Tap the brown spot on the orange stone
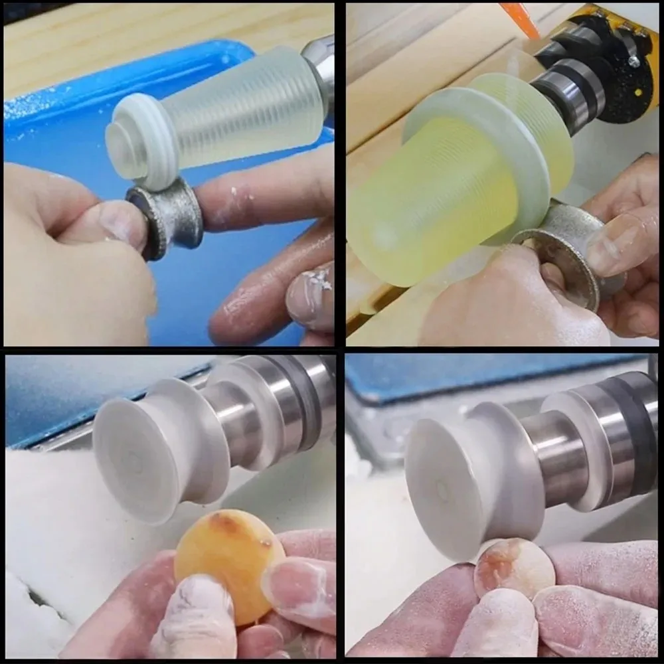click(229, 525)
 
